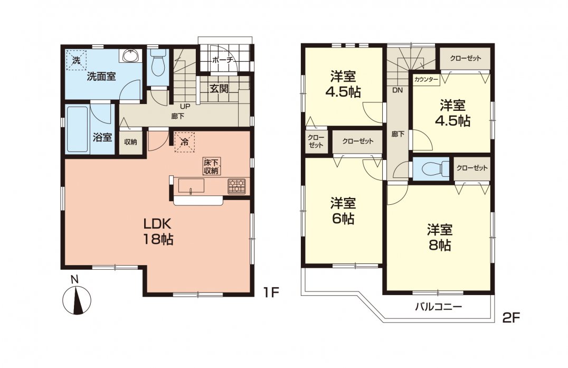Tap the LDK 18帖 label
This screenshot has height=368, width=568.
[157, 231]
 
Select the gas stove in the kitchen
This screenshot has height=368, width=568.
[236, 186]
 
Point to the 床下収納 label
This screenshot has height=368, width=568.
[212, 166]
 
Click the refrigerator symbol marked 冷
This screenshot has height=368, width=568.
[184, 141]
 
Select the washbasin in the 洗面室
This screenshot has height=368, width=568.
[130, 56]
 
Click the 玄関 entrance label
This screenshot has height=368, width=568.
[220, 88]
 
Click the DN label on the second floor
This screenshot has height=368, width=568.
[397, 90]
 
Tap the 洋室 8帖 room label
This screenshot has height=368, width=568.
[439, 237]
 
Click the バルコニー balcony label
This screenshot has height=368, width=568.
[438, 307]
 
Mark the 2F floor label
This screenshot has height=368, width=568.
[511, 318]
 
